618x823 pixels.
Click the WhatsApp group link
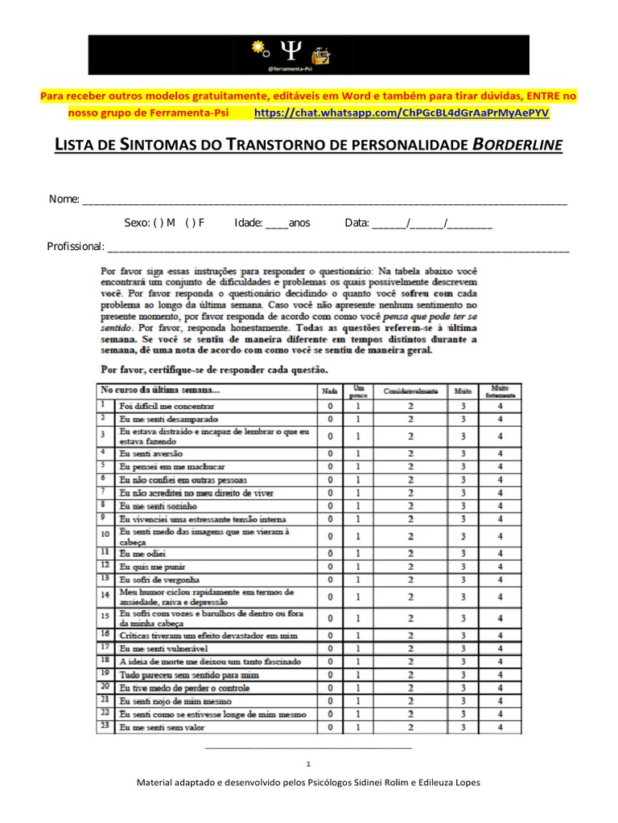click(x=401, y=113)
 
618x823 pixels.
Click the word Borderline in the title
click(x=517, y=145)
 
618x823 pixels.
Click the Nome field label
click(x=64, y=199)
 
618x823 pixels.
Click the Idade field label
click(x=248, y=223)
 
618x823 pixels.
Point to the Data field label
click(x=356, y=223)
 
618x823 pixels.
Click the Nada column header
click(x=330, y=391)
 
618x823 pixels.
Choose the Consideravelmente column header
click(x=410, y=391)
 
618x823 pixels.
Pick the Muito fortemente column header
click(x=500, y=391)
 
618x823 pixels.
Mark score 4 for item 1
click(x=500, y=406)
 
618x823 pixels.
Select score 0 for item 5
click(x=330, y=465)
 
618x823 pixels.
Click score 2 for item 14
click(x=410, y=596)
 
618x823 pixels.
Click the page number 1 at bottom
click(x=309, y=764)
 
